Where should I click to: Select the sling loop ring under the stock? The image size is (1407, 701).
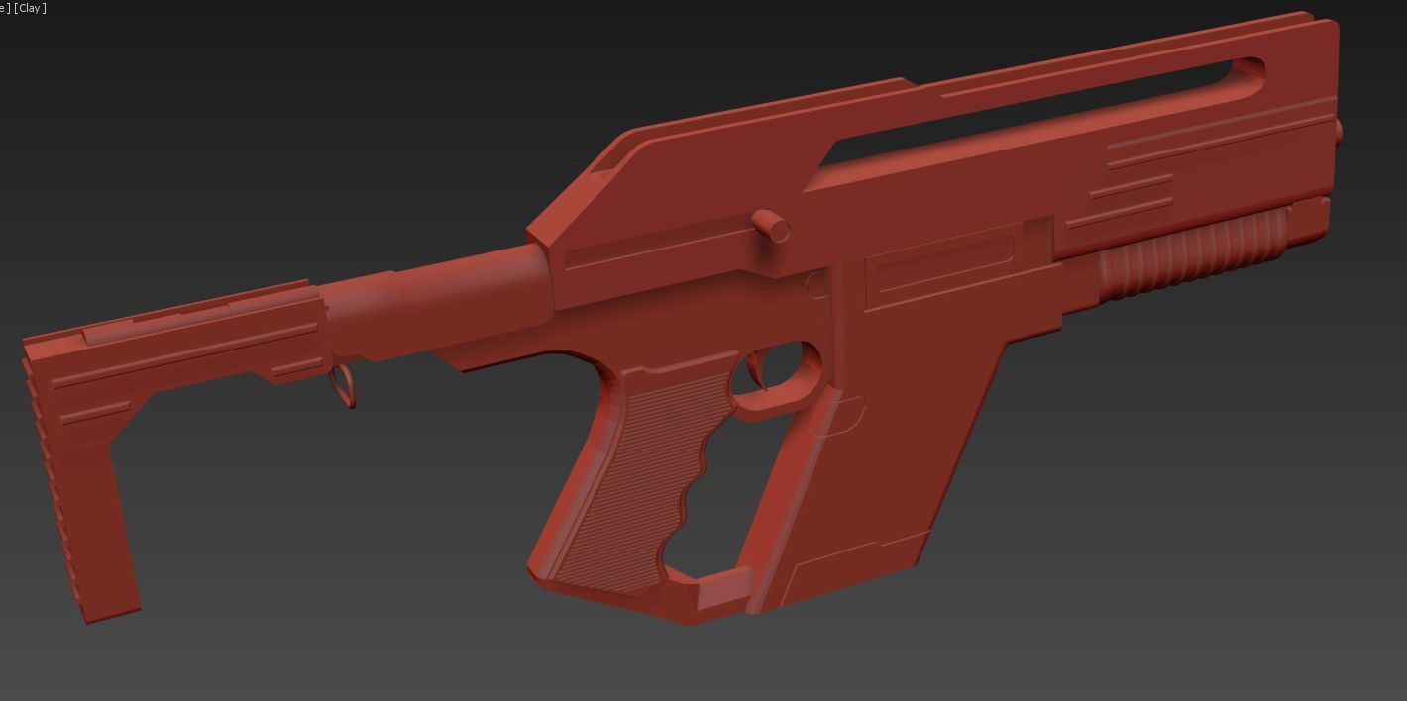coord(343,385)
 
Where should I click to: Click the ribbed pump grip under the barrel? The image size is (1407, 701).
coord(1189,255)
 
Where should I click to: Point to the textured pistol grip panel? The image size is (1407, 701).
coord(634,475)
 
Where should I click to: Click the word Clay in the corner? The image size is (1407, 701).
coord(32,8)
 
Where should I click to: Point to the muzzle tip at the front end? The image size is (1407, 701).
coord(1337,131)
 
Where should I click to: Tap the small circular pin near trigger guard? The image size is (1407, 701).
coord(815,285)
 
